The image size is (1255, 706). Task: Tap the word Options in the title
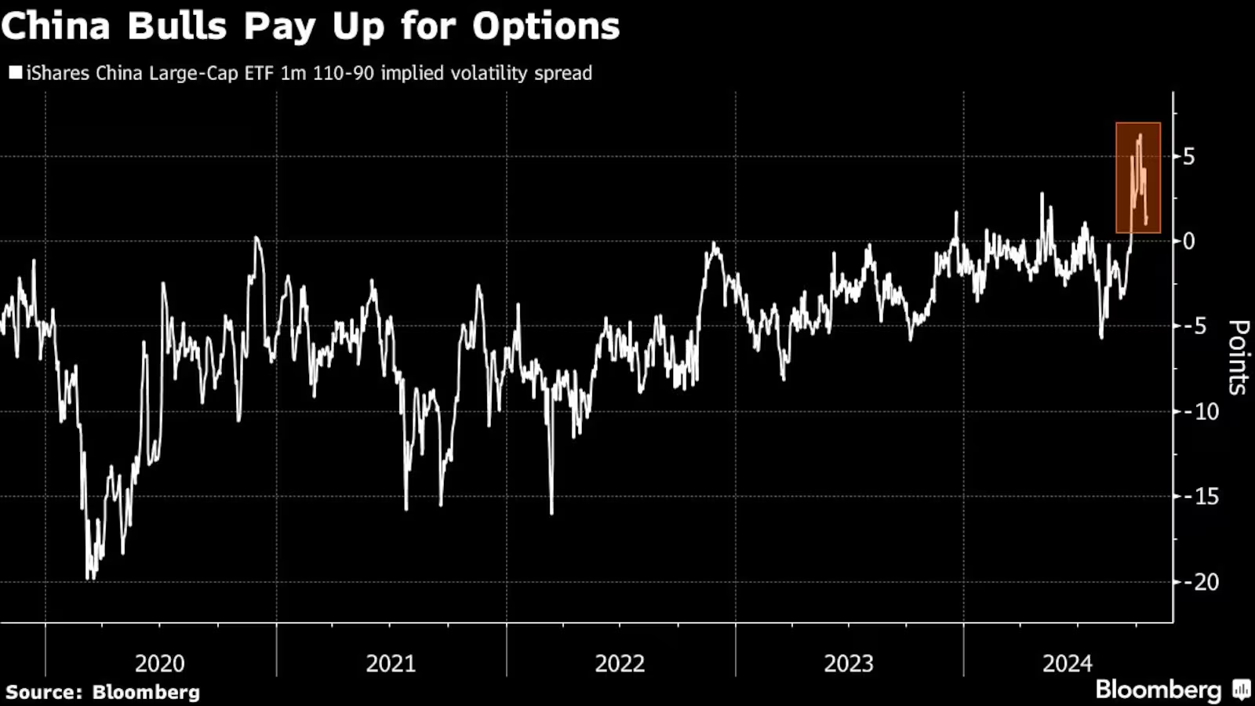pos(546,27)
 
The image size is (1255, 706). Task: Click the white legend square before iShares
pos(15,73)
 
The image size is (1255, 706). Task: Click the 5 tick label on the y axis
pos(1189,157)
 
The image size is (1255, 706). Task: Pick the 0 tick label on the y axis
pos(1189,242)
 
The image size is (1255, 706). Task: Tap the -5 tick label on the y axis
pos(1196,326)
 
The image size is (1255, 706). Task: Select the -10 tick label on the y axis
pos(1200,411)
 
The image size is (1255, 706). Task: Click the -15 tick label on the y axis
pos(1200,496)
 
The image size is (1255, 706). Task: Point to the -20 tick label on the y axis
pos(1200,581)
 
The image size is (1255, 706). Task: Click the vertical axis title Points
pos(1238,357)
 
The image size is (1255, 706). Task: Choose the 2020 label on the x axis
pos(160,664)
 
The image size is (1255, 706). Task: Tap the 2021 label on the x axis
pos(391,664)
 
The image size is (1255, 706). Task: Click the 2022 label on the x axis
pos(620,664)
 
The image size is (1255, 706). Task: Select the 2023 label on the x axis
pos(849,664)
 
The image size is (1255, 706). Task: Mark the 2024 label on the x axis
pos(1067,664)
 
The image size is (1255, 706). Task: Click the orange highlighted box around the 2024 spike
pos(1138,177)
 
